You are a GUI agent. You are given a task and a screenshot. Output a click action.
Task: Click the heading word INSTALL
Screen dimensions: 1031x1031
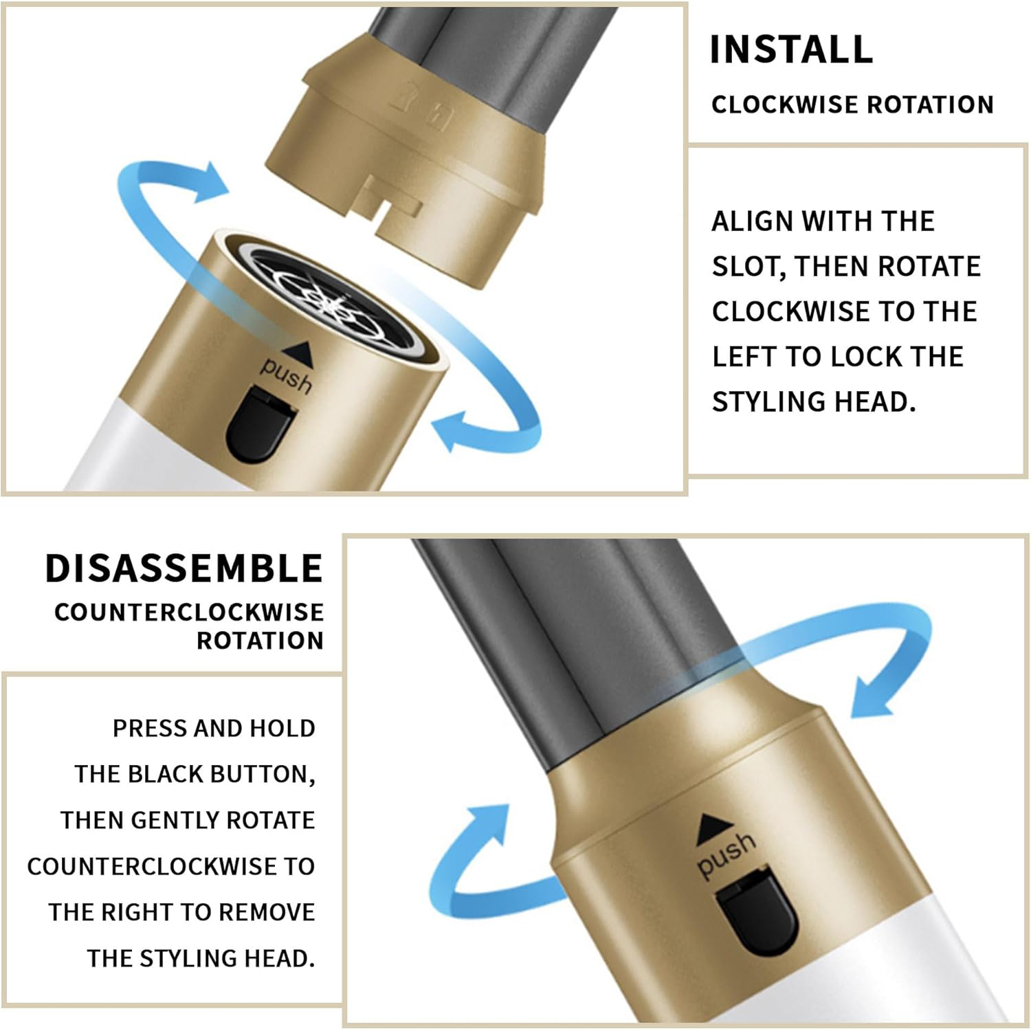click(791, 49)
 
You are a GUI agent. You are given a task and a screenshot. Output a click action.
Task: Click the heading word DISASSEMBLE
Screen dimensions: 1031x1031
click(184, 568)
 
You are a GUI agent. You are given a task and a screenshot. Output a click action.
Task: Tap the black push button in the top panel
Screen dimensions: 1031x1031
click(260, 425)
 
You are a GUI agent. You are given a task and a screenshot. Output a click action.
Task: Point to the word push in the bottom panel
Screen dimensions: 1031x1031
click(726, 854)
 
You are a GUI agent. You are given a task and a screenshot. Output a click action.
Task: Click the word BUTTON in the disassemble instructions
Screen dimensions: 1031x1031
click(262, 775)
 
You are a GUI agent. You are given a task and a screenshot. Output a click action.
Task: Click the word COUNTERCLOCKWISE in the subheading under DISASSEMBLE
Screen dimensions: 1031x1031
click(189, 612)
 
